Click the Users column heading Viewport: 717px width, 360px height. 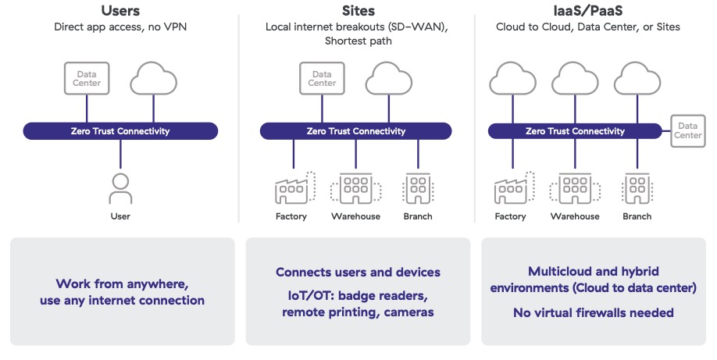pyautogui.click(x=119, y=10)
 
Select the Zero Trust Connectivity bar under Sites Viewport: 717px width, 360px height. pyautogui.click(x=356, y=131)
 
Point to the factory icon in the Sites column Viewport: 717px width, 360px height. pyautogui.click(x=293, y=189)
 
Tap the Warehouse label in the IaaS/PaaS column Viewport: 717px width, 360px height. pyautogui.click(x=575, y=216)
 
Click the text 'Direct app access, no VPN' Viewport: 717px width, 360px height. pyautogui.click(x=119, y=27)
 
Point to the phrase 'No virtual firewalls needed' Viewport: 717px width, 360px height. pyautogui.click(x=593, y=313)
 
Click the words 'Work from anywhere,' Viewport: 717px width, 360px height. pyautogui.click(x=122, y=283)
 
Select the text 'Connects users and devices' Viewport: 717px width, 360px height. pyautogui.click(x=358, y=273)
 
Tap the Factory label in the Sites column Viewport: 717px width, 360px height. pyautogui.click(x=291, y=216)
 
